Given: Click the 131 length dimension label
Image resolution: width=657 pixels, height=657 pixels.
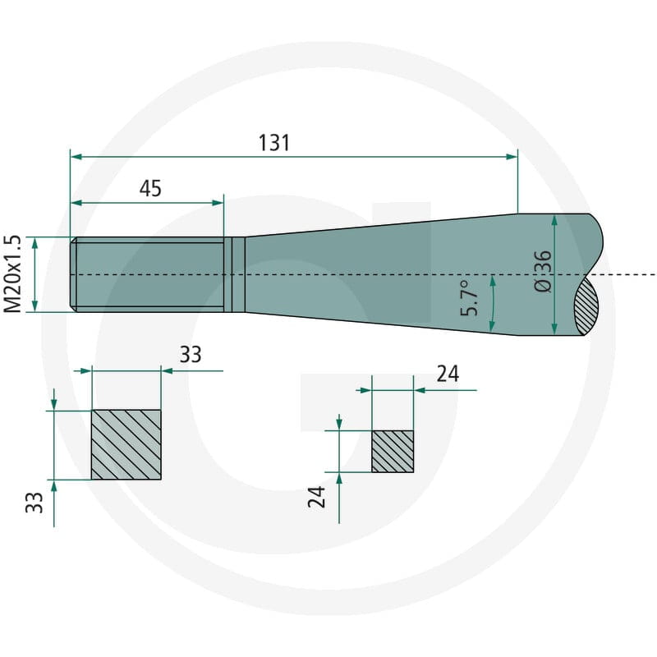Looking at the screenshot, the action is (274, 143).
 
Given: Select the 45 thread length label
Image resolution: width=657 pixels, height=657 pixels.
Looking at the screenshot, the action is (150, 189).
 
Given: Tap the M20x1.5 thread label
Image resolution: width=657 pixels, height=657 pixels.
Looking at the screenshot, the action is (12, 274).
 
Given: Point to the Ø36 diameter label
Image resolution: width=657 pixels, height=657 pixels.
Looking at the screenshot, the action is (544, 271).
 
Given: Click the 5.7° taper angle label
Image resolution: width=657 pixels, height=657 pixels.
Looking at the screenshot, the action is (469, 297).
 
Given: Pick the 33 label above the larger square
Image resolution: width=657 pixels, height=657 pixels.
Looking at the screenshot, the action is (191, 355).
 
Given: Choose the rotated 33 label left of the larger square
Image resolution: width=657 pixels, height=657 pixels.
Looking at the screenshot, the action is (34, 503).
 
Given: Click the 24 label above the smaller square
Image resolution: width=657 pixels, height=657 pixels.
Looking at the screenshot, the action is (448, 374).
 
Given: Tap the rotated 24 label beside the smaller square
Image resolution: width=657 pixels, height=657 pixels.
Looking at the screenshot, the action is (316, 497).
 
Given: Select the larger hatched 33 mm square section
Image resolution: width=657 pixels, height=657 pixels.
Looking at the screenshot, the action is (126, 444).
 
